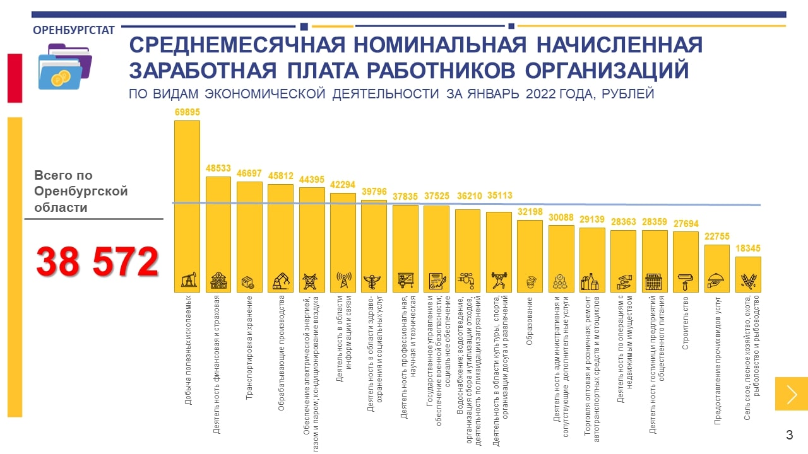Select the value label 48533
218,169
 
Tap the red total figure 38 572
97,262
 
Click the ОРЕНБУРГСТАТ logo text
73,30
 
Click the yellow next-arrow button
792,394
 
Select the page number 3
789,435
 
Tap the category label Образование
530,321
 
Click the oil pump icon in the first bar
187,280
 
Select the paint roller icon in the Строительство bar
686,281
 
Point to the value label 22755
716,236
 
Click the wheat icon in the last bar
748,281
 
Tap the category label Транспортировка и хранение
249,349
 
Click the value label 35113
499,195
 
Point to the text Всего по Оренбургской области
81,191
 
